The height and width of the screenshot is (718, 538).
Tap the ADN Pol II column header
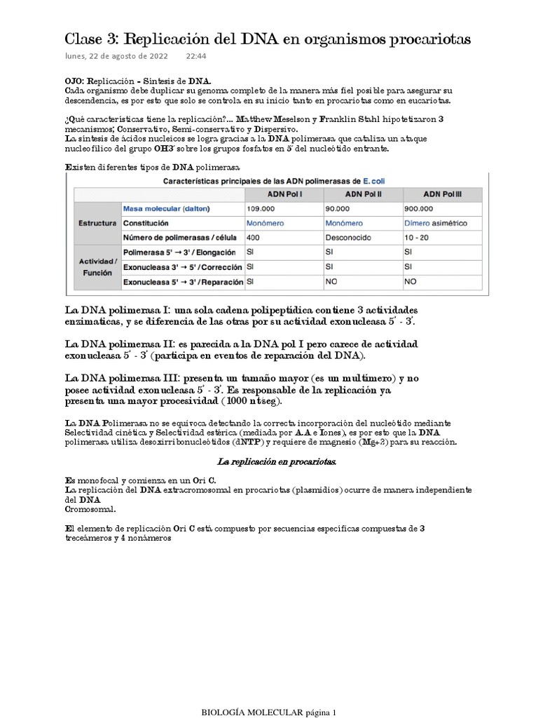362,194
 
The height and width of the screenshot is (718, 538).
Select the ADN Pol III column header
441,194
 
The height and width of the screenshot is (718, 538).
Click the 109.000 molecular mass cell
261,209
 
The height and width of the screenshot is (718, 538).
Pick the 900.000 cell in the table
419,209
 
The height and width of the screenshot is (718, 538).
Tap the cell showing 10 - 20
417,237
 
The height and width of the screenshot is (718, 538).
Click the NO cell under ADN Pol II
332,282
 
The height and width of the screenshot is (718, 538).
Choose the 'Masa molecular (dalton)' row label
166,209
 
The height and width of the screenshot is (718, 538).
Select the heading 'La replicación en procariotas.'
269,463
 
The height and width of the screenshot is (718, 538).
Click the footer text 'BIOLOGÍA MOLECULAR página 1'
269,712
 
